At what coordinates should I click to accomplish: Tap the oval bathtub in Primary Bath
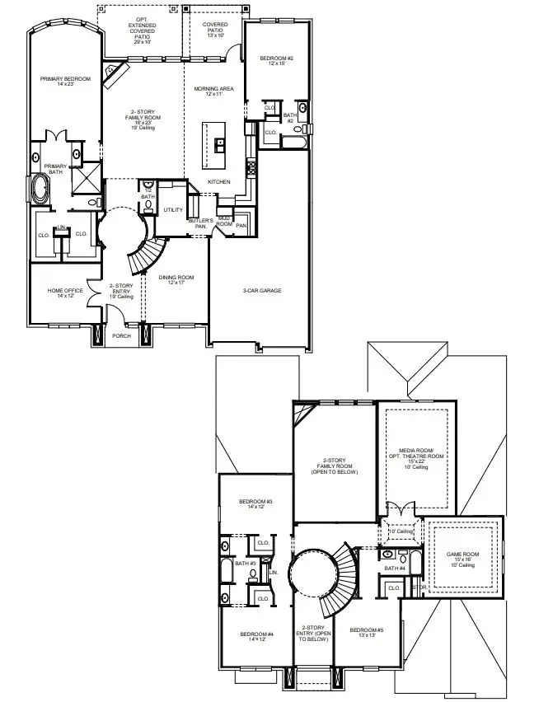click(38, 188)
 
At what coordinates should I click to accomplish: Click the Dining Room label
click(176, 279)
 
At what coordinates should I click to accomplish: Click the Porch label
click(122, 335)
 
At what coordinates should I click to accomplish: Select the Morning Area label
click(214, 91)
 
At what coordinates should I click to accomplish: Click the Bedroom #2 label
click(277, 60)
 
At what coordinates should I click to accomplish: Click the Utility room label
click(173, 210)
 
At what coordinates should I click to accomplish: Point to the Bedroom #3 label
click(255, 504)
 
